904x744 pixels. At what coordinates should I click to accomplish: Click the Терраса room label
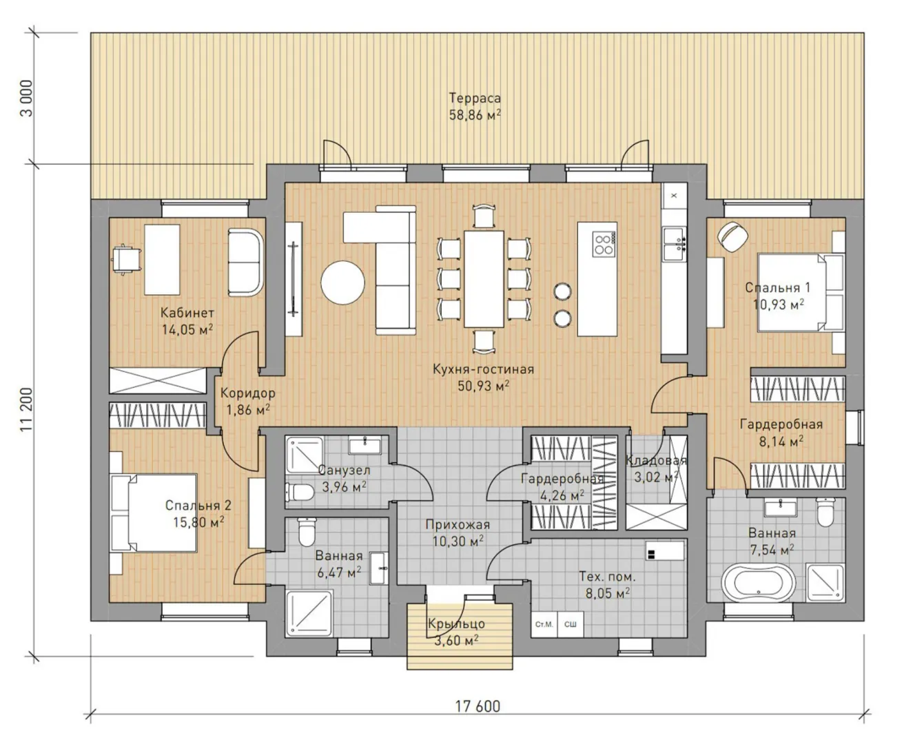tap(475, 98)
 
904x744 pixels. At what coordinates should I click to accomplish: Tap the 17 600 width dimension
tap(477, 706)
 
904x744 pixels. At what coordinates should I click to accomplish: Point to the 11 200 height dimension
tap(26, 410)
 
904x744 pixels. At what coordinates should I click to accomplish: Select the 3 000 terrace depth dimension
tap(26, 99)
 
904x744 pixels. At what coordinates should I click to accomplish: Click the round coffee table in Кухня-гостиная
tap(342, 283)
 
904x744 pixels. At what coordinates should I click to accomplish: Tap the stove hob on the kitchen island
tap(604, 245)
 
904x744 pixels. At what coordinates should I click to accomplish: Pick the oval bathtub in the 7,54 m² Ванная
tap(758, 583)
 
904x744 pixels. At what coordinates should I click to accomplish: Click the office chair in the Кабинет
tap(126, 259)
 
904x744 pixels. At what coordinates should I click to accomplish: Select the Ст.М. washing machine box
tap(544, 624)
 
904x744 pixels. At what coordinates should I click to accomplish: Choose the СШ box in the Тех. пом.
tap(570, 624)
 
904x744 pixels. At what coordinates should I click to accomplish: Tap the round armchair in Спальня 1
tap(732, 236)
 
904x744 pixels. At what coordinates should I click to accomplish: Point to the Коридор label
tap(248, 393)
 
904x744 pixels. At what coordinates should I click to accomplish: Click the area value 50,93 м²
tap(483, 386)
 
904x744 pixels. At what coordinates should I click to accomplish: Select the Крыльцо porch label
tap(456, 623)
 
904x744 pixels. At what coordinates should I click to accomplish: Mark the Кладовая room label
tap(656, 461)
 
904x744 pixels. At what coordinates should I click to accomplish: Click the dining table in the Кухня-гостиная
tap(484, 279)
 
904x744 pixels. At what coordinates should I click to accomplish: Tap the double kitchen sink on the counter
tap(675, 244)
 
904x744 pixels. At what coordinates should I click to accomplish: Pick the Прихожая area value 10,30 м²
tap(458, 541)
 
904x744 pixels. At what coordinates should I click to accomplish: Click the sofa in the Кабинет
tap(245, 262)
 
